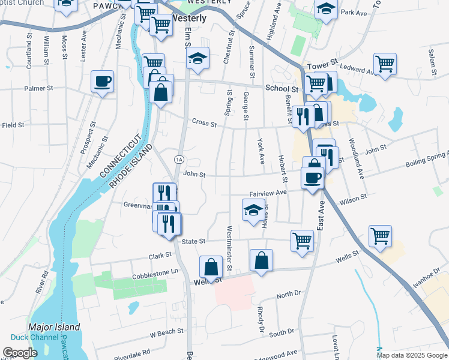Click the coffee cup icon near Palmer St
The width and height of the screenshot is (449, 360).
103,81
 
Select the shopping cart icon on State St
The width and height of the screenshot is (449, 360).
302,241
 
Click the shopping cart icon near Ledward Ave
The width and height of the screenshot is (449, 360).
384,64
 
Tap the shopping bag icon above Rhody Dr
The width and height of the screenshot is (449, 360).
261,260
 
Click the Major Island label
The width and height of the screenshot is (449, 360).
54,328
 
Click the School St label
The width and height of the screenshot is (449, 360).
282,88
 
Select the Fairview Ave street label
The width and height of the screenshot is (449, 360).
268,194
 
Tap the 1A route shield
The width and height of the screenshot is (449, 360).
179,159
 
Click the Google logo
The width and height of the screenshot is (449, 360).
20,353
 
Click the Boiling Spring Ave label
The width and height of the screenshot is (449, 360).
427,158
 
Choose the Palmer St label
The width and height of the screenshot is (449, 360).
39,88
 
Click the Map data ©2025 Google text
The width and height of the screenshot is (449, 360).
411,355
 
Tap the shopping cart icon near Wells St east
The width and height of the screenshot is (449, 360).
381,236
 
